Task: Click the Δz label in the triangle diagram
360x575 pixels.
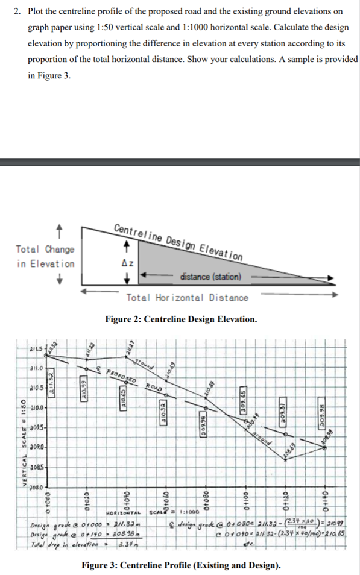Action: pos(127,263)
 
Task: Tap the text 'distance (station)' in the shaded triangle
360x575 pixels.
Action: pos(210,277)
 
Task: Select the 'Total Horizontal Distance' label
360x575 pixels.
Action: pos(187,297)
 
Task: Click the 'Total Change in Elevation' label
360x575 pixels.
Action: pos(46,256)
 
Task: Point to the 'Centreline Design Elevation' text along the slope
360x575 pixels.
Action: pos(178,241)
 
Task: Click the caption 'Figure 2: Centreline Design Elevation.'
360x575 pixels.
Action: pos(181,319)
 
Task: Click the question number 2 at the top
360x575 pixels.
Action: pos(17,11)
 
